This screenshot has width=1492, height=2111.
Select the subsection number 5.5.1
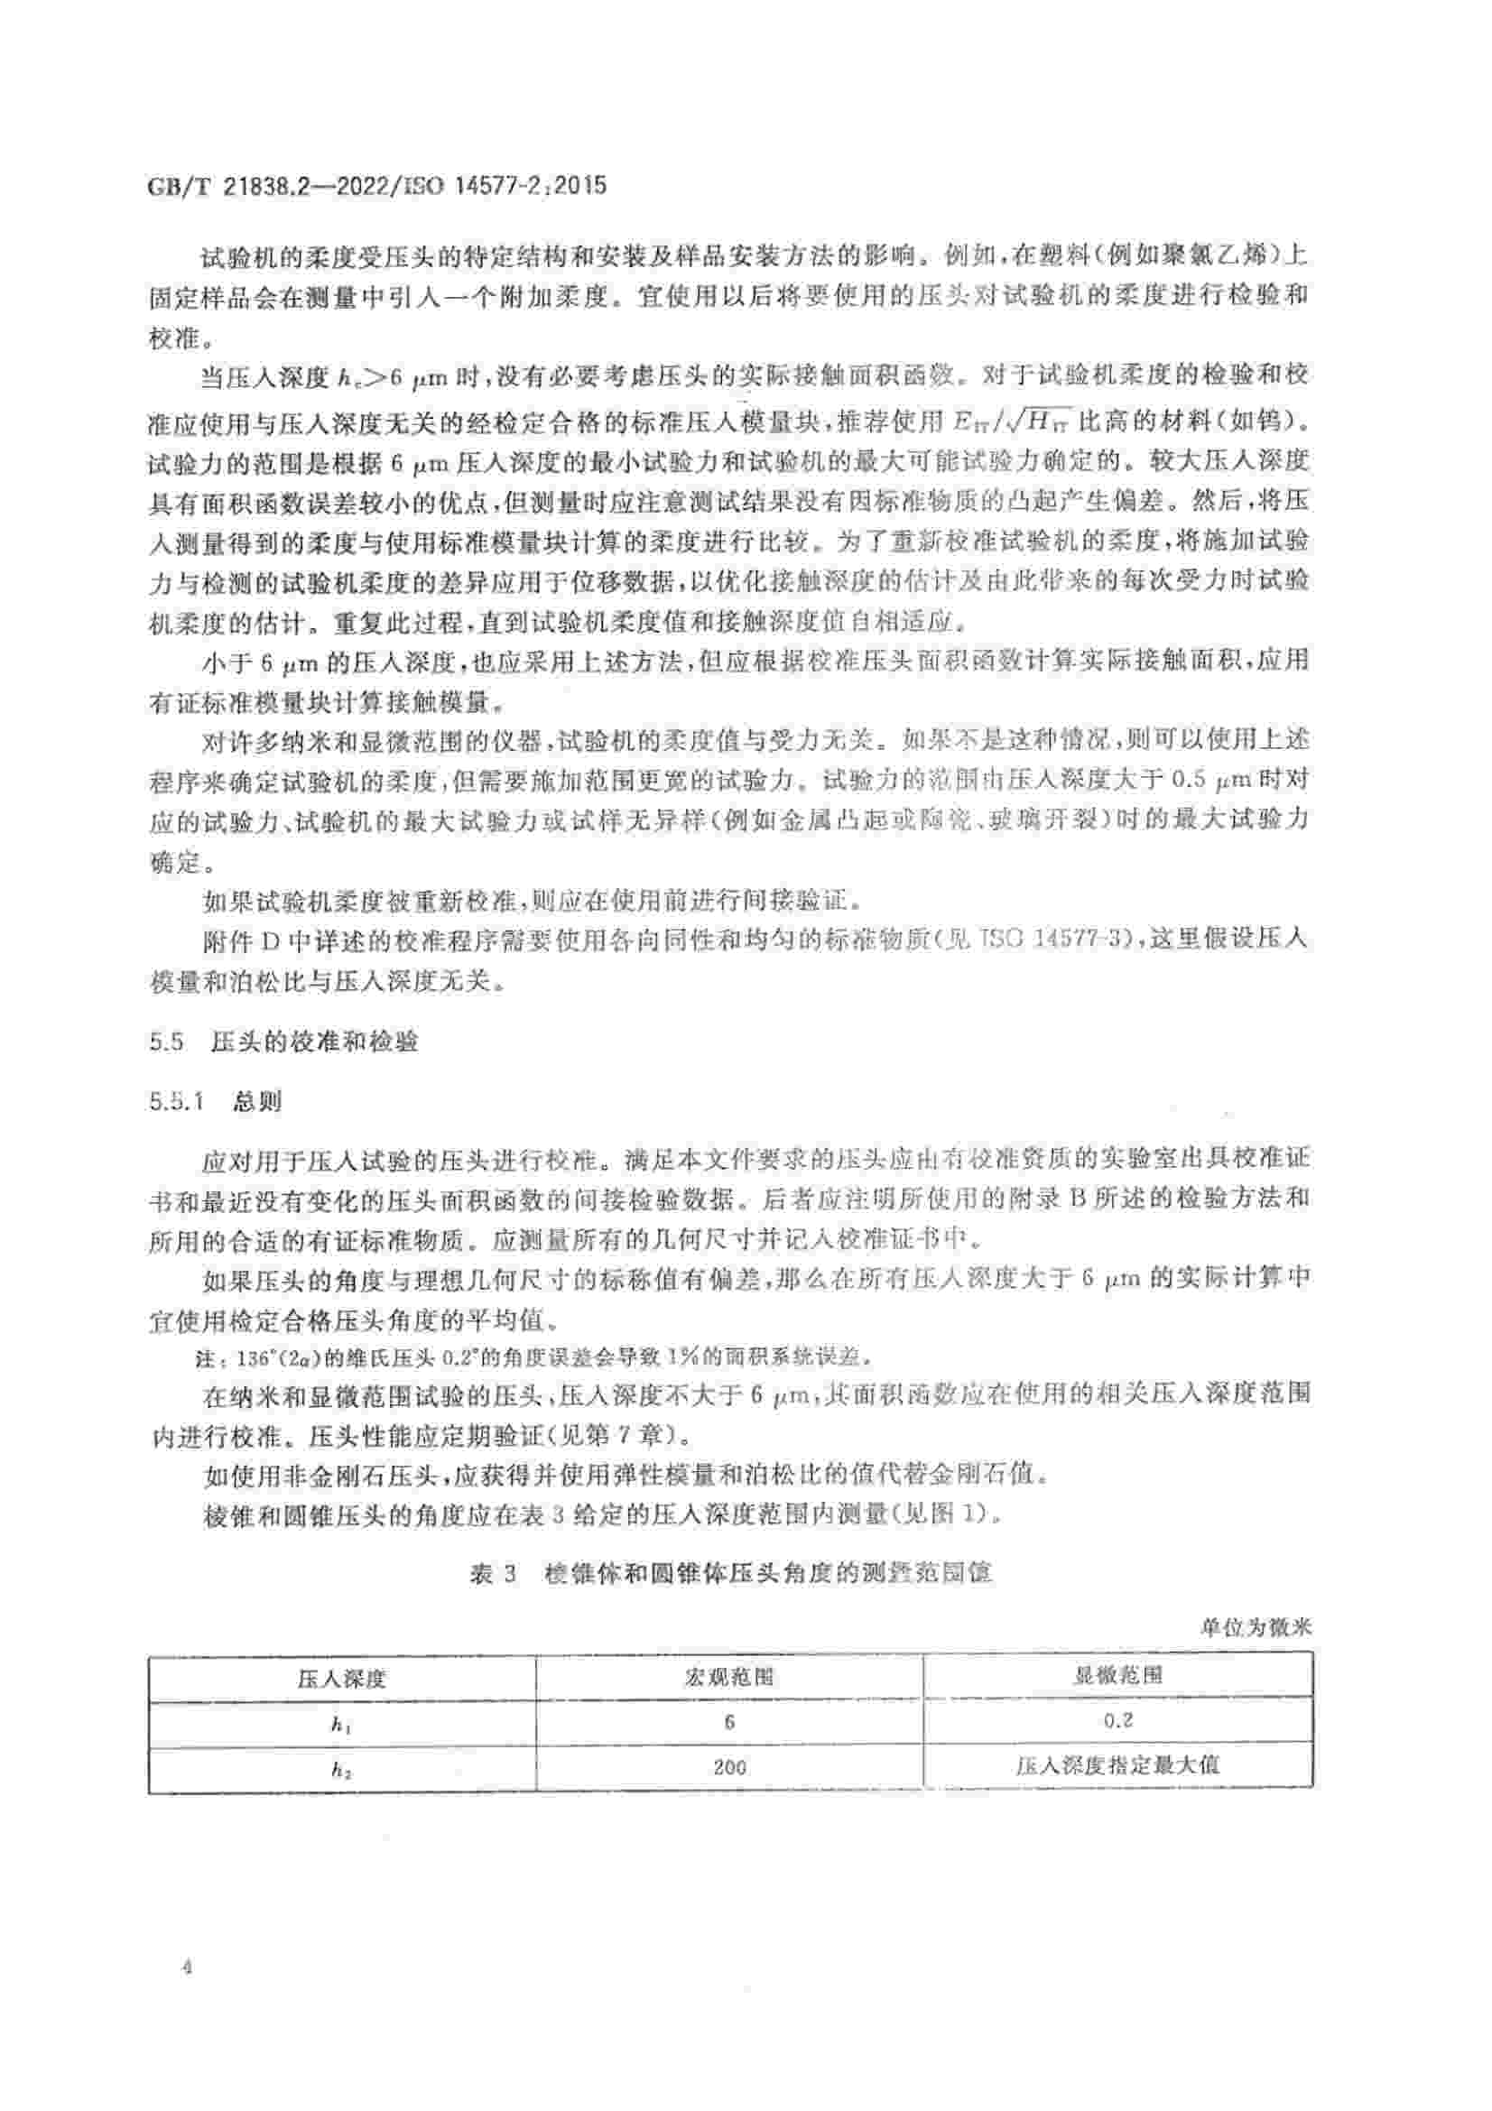[176, 1100]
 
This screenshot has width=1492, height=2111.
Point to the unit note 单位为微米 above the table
[1256, 1627]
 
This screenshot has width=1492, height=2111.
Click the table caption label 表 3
[494, 1573]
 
